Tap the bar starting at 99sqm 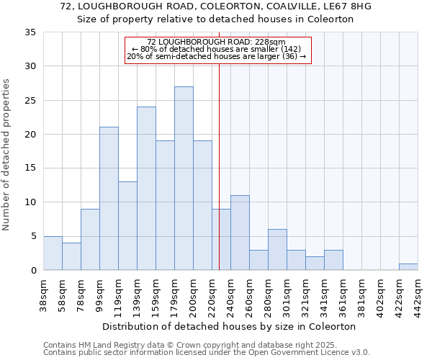click(109, 199)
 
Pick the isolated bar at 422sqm click(408, 267)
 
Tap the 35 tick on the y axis click(31, 32)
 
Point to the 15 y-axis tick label click(31, 168)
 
